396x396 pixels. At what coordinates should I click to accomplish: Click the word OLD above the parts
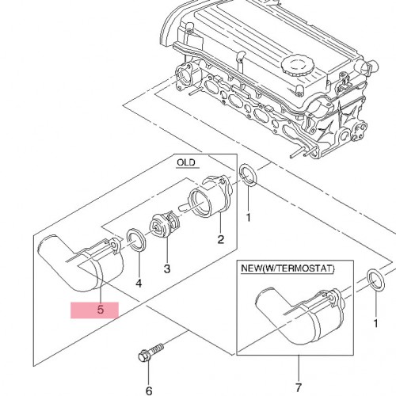186,162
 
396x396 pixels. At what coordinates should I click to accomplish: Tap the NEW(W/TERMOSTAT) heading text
287,268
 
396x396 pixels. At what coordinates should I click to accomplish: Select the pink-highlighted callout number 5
101,310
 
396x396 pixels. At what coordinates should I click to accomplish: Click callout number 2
221,239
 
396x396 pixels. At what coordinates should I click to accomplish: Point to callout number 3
167,268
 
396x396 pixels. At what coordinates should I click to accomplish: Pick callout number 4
139,284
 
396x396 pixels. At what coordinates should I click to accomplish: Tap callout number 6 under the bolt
149,390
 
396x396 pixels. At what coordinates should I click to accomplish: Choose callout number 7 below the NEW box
299,388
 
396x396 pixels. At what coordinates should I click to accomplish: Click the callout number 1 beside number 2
248,218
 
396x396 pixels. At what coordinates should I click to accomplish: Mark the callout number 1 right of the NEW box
375,323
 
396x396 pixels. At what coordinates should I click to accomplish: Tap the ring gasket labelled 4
136,240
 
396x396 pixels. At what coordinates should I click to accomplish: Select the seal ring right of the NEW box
375,280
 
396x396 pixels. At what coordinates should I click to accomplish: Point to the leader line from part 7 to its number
299,368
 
